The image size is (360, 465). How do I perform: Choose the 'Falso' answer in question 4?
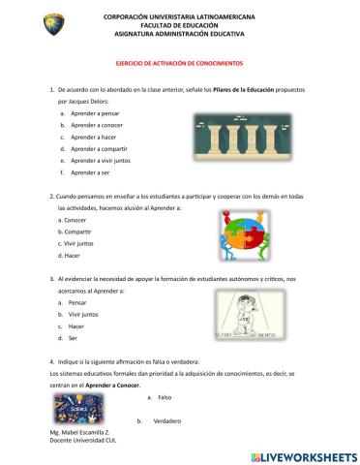[x=164, y=397]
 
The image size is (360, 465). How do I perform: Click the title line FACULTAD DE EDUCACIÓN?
[x=179, y=24]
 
